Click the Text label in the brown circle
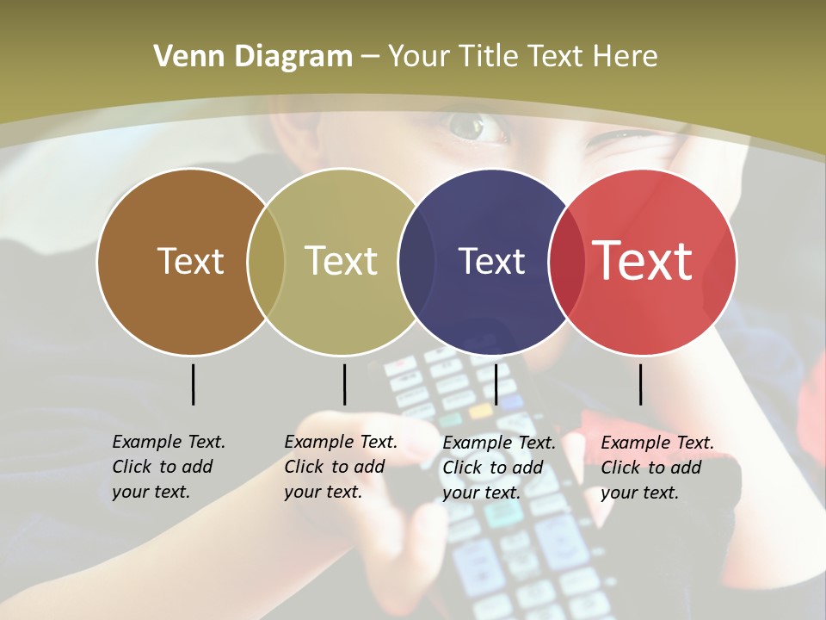click(x=190, y=261)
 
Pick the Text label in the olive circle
click(x=342, y=261)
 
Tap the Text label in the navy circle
click(x=491, y=261)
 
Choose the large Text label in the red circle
click(x=642, y=261)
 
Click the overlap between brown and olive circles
click(x=266, y=261)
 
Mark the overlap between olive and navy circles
click(x=416, y=261)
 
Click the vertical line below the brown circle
click(x=193, y=384)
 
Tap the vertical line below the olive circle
click(x=344, y=384)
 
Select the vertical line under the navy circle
click(x=496, y=384)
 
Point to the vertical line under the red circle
click(x=640, y=384)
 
